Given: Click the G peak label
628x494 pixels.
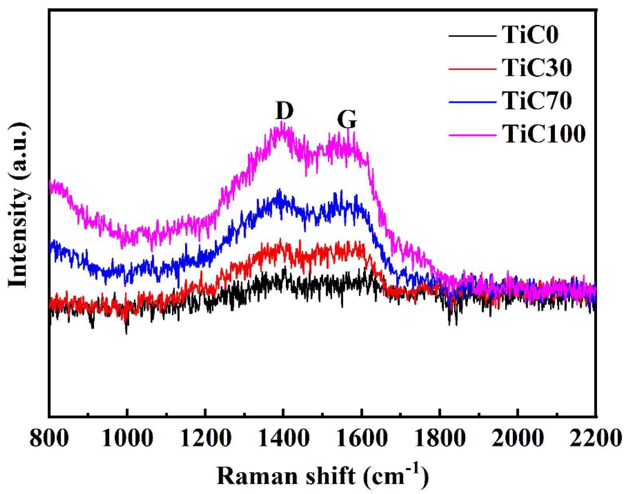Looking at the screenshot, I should point(347,119).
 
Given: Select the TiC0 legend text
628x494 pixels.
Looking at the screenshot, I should point(530,35).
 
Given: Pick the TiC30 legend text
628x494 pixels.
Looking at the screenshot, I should point(537,67).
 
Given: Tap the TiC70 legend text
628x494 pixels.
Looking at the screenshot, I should point(537,100).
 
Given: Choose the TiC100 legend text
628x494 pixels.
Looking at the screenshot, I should point(543,134).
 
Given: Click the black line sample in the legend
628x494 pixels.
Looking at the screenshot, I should point(472,36).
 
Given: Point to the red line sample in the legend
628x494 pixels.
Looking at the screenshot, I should point(472,69).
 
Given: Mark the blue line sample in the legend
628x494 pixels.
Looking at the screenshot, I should point(472,102).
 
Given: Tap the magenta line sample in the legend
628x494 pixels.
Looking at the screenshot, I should point(472,135).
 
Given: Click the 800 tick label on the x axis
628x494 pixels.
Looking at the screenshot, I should point(49,439).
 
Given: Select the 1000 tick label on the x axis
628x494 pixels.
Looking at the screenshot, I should point(127,439).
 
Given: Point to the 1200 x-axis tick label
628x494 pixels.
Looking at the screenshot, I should point(205,439).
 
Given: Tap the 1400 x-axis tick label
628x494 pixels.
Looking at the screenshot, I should point(283,439).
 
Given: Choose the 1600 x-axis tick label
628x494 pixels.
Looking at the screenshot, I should point(361,439).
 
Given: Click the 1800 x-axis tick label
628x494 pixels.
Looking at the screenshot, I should point(439,439).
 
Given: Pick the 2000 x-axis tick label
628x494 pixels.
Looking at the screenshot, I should point(518,439).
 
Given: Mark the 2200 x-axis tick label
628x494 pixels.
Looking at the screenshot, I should point(596,439).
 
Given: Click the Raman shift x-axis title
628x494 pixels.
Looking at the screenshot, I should point(323,476).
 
